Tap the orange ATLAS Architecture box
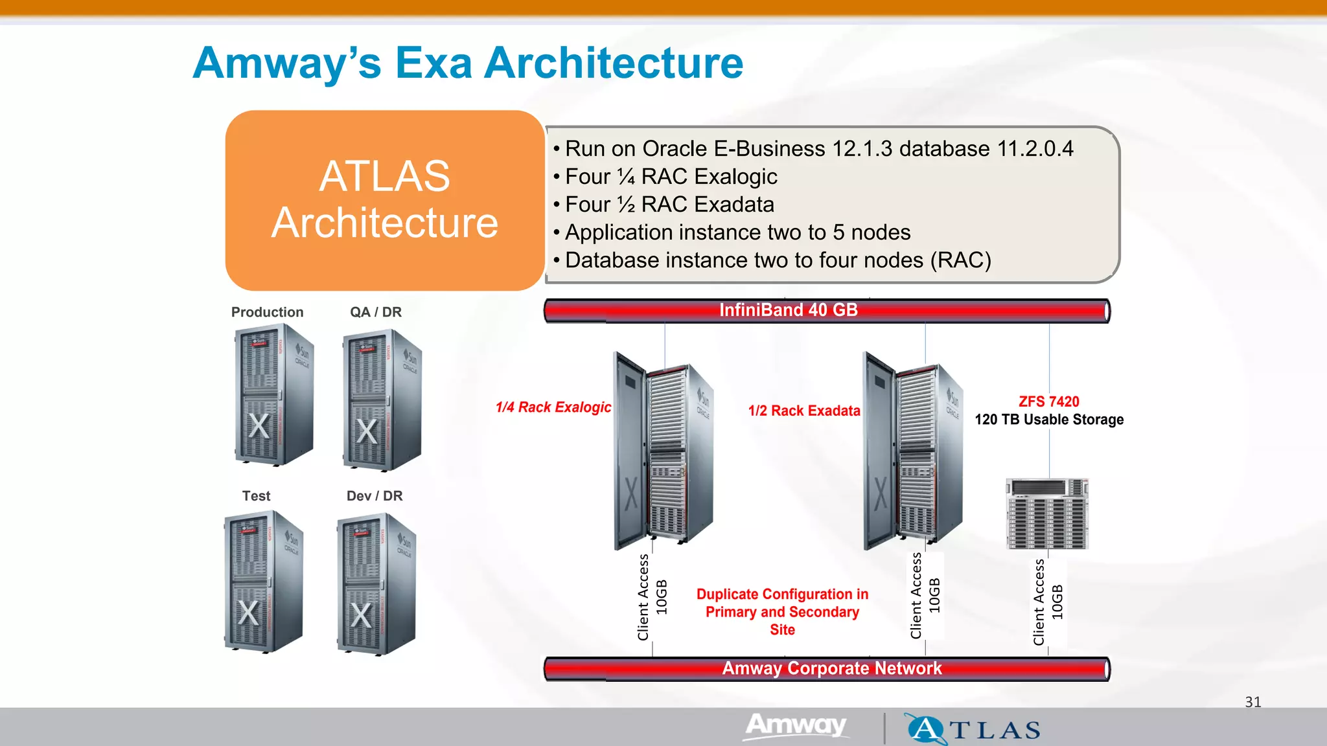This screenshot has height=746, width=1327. pos(384,200)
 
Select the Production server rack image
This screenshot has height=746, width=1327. pos(273,395)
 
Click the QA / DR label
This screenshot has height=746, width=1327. pos(376,312)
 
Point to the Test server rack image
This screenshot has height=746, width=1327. pos(263,582)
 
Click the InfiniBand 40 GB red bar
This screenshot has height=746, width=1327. pos(826,311)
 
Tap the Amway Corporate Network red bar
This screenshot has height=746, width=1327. pos(826,668)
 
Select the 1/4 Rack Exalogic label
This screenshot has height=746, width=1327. pos(553,407)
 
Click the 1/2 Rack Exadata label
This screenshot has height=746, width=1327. pos(803,411)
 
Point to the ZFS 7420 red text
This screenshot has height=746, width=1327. pos(1048,401)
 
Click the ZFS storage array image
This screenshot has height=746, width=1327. pos(1047,514)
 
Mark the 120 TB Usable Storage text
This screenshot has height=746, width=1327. pos(1048,420)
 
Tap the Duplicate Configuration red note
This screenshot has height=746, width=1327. pos(782,612)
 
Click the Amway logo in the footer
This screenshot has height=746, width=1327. pos(796,725)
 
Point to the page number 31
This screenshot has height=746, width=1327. pos(1252,702)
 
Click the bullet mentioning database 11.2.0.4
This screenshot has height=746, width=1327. pos(818,149)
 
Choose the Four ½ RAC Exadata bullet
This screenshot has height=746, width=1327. pos(669,205)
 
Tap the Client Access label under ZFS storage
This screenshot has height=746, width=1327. pos(1039,602)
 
